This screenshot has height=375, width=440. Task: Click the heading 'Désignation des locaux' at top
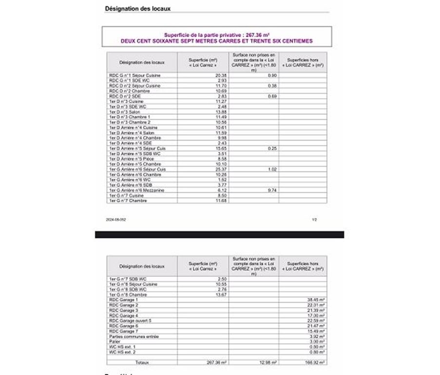pyautogui.click(x=137, y=8)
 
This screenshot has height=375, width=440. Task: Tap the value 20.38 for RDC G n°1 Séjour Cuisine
pyautogui.click(x=221, y=76)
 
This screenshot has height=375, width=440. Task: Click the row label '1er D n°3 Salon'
pyautogui.click(x=125, y=112)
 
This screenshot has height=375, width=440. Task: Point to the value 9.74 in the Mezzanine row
pyautogui.click(x=272, y=190)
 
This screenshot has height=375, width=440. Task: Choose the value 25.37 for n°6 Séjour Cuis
pyautogui.click(x=221, y=169)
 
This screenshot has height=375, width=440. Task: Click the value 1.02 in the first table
pyautogui.click(x=272, y=169)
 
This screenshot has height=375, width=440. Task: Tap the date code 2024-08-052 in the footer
pyautogui.click(x=116, y=220)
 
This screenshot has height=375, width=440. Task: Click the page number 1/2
pyautogui.click(x=314, y=220)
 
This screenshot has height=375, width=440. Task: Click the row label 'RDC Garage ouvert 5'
pyautogui.click(x=130, y=321)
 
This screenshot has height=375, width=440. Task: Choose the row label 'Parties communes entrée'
pyautogui.click(x=134, y=336)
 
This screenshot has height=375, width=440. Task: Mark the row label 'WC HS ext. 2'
pyautogui.click(x=122, y=352)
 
